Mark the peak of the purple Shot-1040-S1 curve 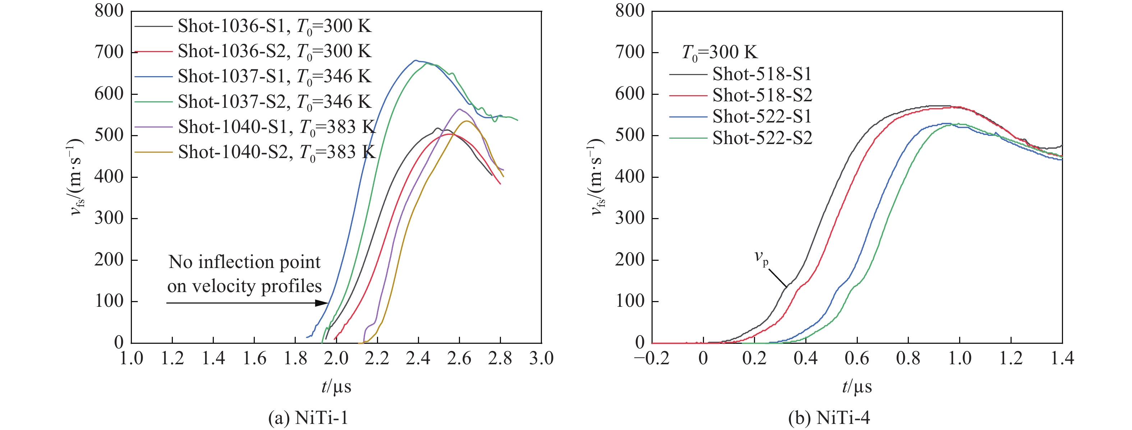459,109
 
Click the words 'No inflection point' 244,262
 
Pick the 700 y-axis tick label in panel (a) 109,52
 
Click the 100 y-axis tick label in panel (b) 630,301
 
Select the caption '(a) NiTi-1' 308,418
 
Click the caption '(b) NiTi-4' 829,418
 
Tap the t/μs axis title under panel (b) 857,387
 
